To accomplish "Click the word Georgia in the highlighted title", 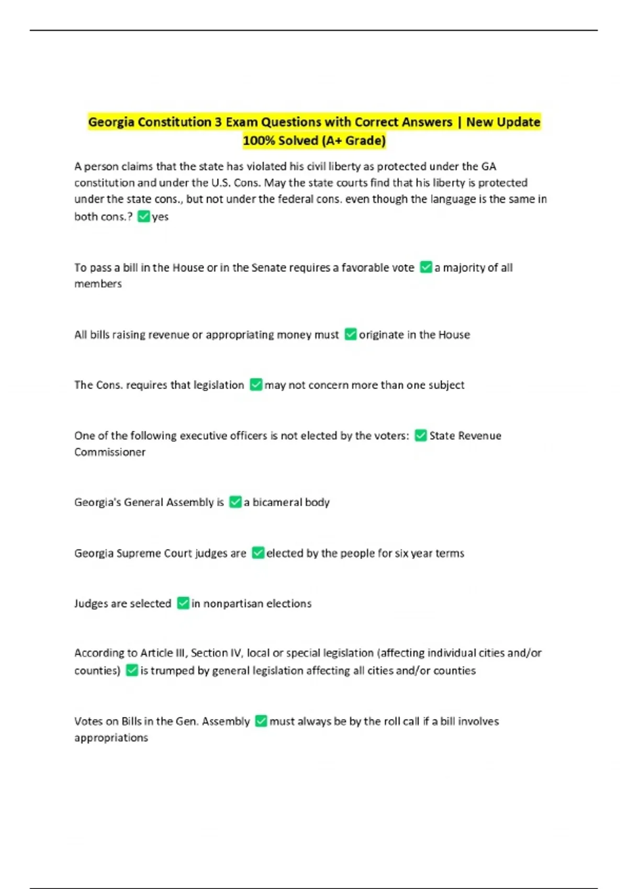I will (x=111, y=122).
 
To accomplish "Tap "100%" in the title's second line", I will (x=259, y=141).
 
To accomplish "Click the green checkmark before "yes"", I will (x=143, y=216).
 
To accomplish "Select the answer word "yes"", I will (x=160, y=216).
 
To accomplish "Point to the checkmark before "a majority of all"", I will (x=426, y=267).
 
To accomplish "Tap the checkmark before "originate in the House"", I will (x=351, y=334).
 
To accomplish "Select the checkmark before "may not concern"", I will (x=256, y=385).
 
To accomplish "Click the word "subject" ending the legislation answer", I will (x=446, y=385).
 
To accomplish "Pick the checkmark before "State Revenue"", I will (x=421, y=435).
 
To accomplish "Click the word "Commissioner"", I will (x=110, y=452).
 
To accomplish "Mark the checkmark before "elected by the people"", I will (x=258, y=553).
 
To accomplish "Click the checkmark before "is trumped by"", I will (x=132, y=670).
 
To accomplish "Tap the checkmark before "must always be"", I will (x=261, y=721).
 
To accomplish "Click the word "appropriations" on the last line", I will (x=111, y=738).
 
